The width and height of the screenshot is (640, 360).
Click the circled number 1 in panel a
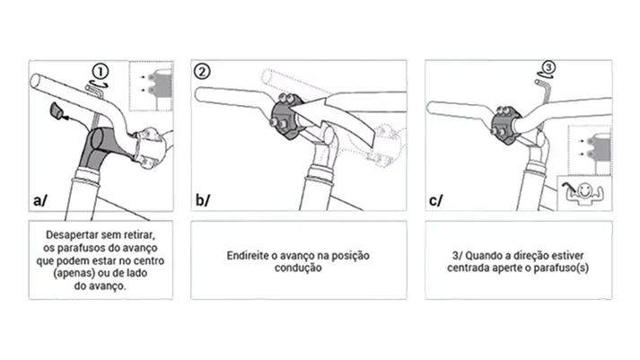pyautogui.click(x=100, y=72)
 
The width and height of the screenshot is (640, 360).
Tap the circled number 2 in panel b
pyautogui.click(x=202, y=72)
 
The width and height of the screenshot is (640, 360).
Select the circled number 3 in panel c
pyautogui.click(x=548, y=67)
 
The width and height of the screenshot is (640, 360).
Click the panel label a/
pyautogui.click(x=40, y=200)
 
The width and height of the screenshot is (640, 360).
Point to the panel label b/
pyautogui.click(x=203, y=200)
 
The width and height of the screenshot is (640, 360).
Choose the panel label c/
pyautogui.click(x=435, y=201)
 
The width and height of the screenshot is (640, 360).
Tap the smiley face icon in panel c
pyautogui.click(x=585, y=192)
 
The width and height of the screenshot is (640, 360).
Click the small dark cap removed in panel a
pyautogui.click(x=56, y=111)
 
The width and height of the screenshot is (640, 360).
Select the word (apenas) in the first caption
pyautogui.click(x=72, y=273)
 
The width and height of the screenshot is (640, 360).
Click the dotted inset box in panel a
pyautogui.click(x=151, y=86)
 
